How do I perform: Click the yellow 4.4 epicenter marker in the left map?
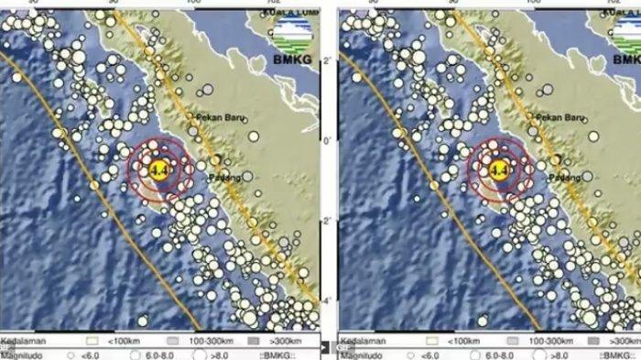tap(158, 169)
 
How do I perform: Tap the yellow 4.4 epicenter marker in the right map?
tap(499, 169)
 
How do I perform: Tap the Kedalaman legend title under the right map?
tap(367, 339)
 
